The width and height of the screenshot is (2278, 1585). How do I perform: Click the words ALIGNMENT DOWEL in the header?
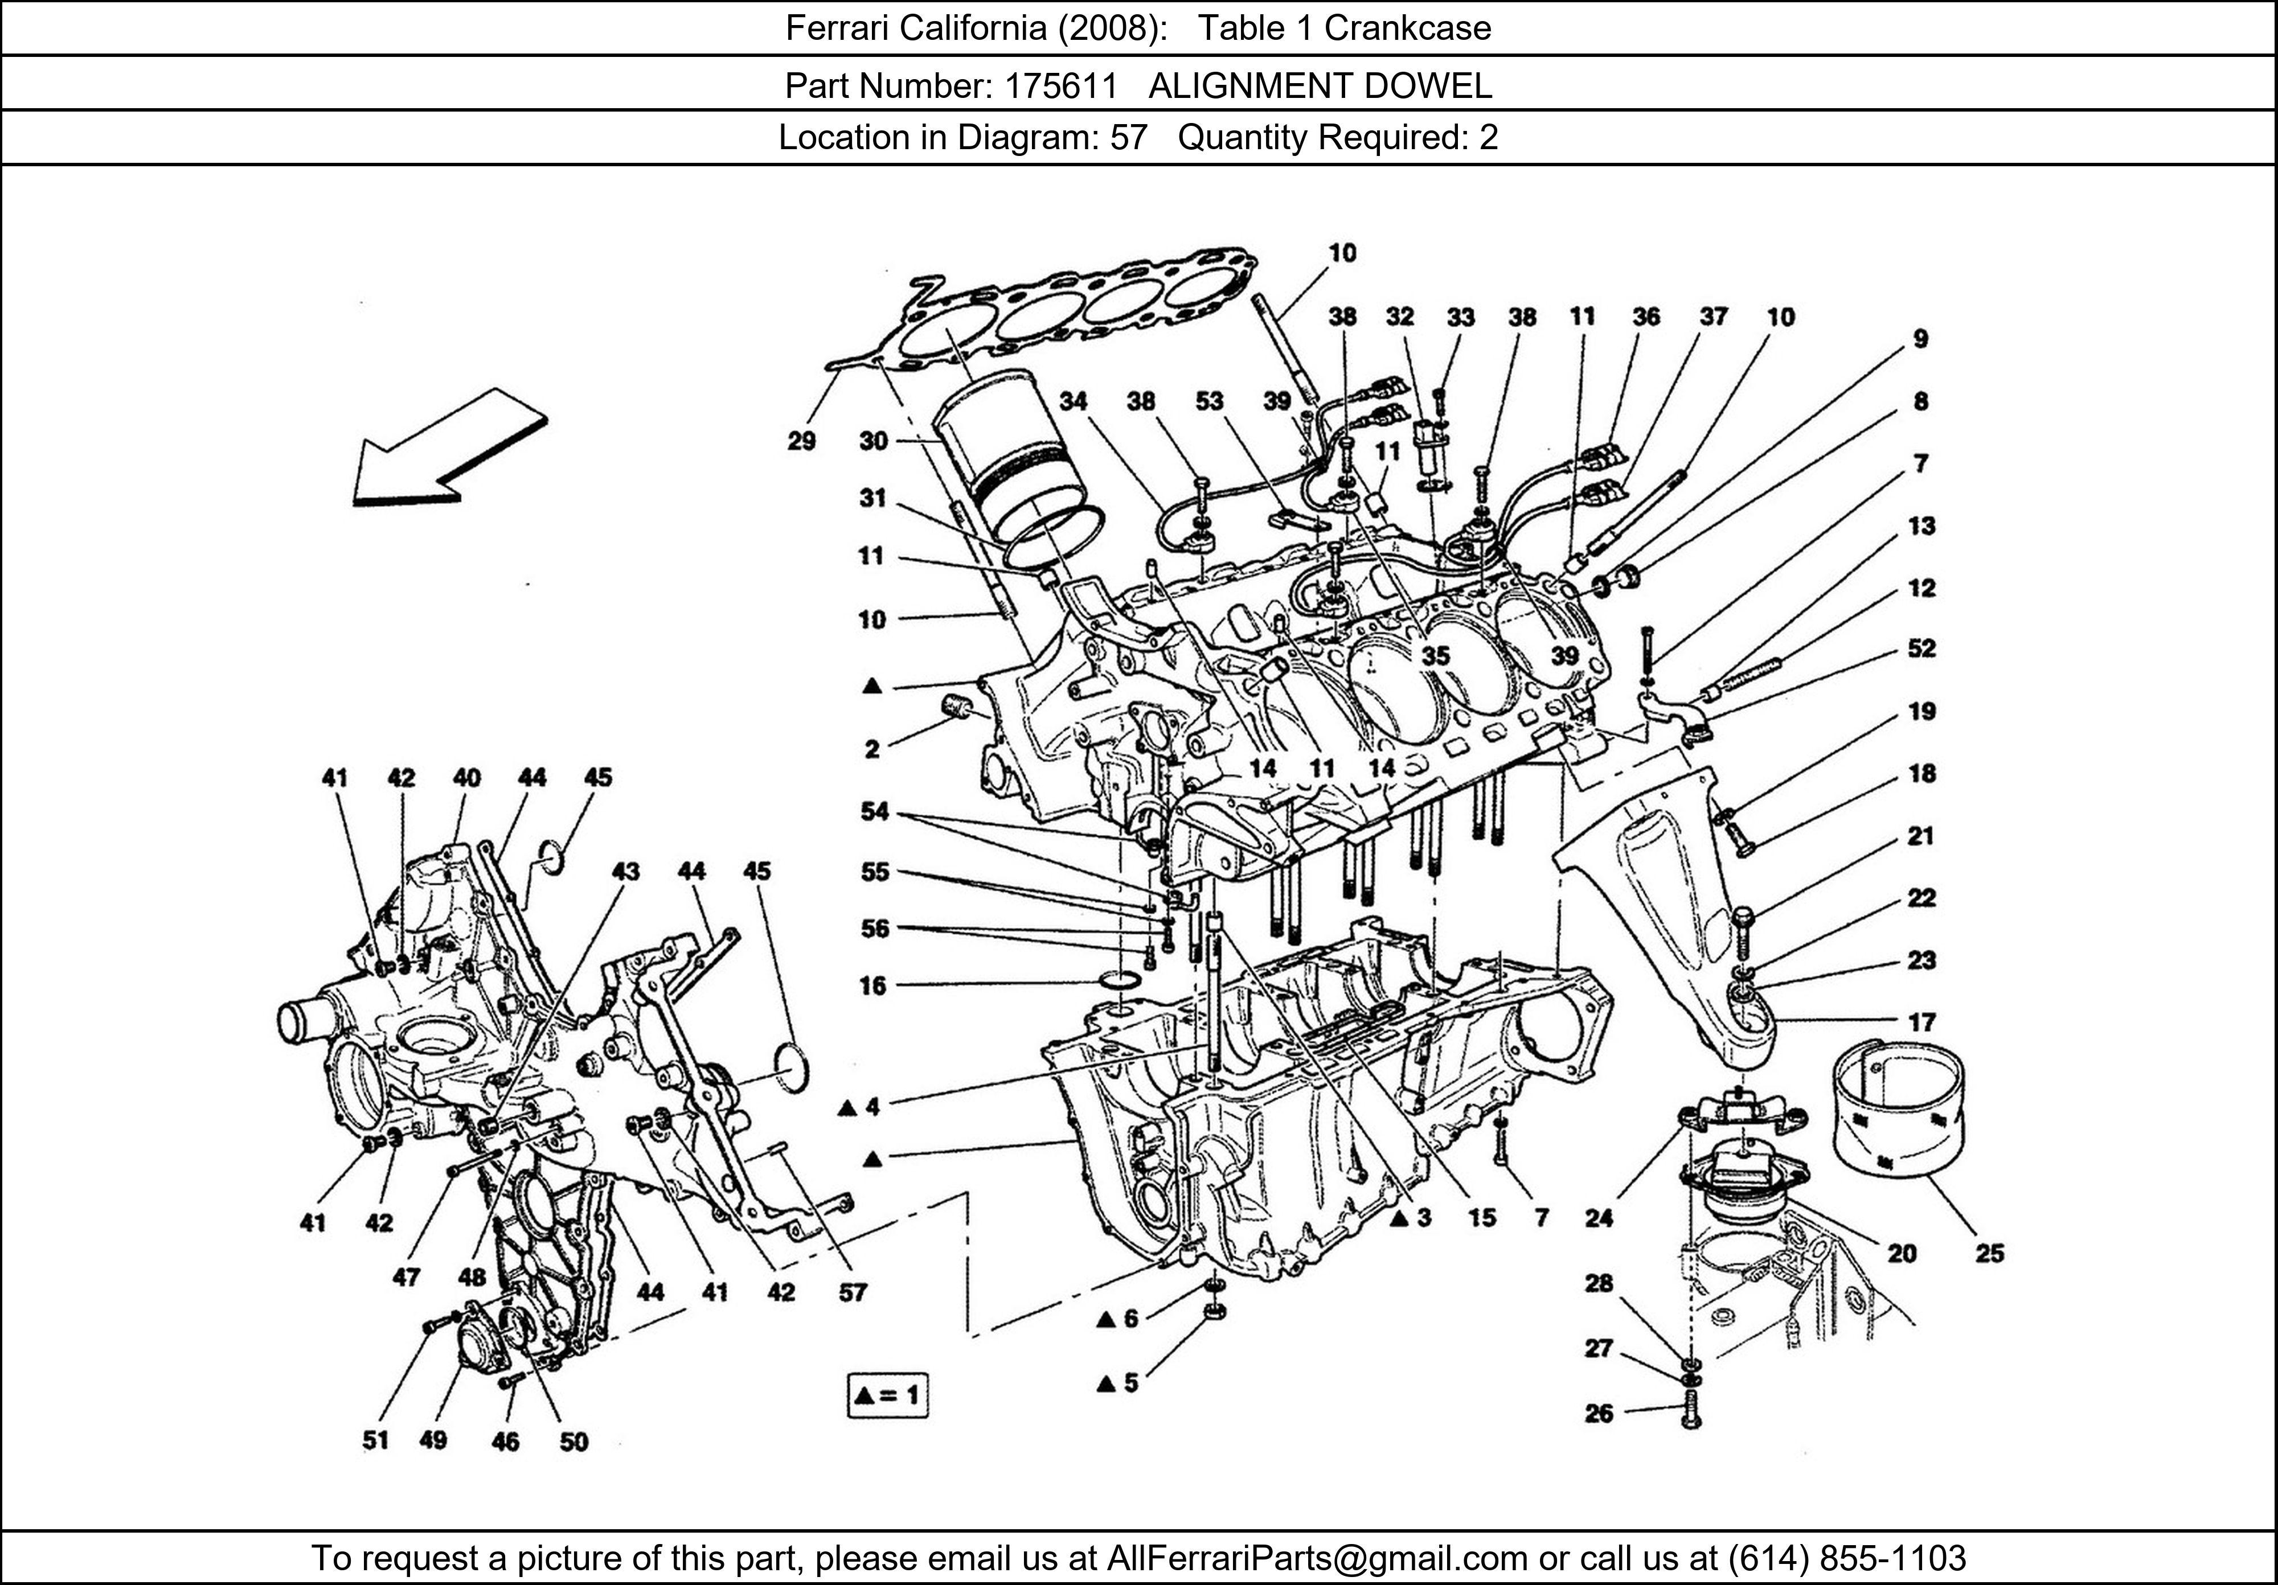1320,87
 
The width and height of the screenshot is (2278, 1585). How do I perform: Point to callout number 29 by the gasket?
802,441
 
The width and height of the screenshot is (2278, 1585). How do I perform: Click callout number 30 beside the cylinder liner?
873,441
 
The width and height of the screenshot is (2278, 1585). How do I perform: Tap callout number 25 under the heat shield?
1989,1254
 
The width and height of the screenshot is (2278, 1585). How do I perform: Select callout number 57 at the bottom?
853,1292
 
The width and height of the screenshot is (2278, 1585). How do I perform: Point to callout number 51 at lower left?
375,1440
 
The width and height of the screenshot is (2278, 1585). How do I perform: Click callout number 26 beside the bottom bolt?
1599,1412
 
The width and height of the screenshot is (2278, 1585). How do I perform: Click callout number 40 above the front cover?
466,778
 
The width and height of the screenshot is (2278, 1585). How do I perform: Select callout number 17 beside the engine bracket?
1921,1021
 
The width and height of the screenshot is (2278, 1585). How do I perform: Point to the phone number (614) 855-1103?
1845,1558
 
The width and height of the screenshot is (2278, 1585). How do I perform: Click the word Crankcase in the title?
1407,28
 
